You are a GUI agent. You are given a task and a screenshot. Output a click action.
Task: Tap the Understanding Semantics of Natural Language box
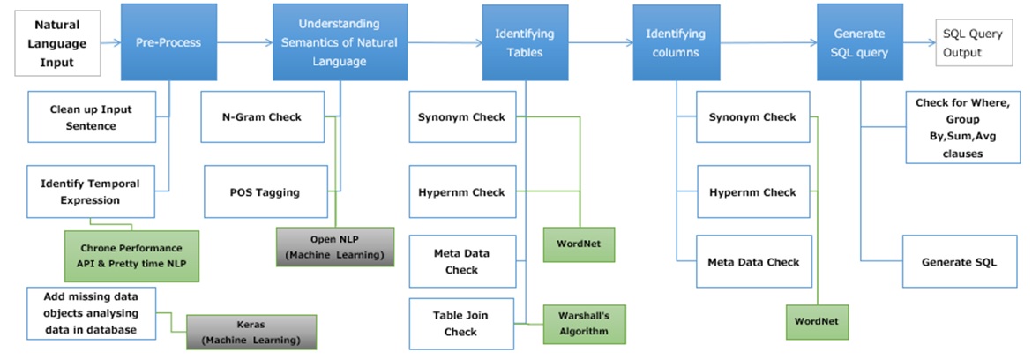(340, 42)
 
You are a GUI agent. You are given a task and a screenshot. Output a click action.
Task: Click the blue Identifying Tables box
(525, 42)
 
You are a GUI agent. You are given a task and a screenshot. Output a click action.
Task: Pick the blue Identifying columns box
(676, 42)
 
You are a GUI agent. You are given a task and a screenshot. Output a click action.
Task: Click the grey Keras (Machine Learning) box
(251, 333)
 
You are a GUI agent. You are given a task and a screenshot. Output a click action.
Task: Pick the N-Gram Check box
(262, 117)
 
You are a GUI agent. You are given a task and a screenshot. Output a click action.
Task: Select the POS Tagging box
(265, 192)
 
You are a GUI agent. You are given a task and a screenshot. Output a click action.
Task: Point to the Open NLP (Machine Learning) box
(335, 246)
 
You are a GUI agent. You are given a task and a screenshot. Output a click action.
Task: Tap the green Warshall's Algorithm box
(577, 323)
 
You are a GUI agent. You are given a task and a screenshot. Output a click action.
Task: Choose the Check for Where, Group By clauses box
(961, 129)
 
